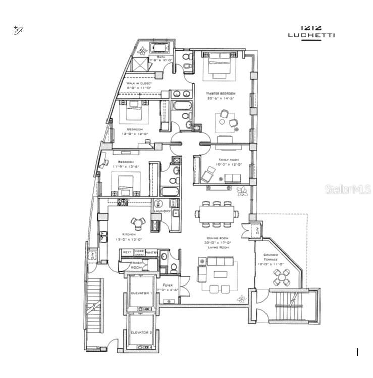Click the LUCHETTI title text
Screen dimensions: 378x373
[x=311, y=35]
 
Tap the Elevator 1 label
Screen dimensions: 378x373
[x=141, y=293]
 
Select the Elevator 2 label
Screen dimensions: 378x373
[x=141, y=332]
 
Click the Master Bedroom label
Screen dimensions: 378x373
[x=221, y=94]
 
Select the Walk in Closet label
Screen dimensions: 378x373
[x=139, y=83]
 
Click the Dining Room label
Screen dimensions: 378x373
[x=217, y=238]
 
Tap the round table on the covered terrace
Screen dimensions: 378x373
[x=282, y=276]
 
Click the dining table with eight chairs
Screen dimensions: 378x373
[x=217, y=214]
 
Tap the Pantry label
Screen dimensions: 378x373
[x=151, y=252]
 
